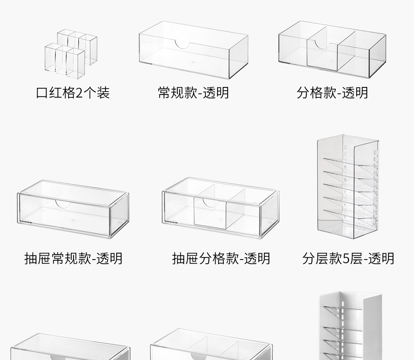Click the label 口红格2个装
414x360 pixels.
[73, 93]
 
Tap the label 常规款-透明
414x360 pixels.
[193, 93]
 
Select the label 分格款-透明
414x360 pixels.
[332, 93]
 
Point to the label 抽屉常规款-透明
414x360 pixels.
[73, 258]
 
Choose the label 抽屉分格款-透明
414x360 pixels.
[221, 258]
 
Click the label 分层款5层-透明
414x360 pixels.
[348, 258]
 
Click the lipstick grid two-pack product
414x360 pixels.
[70, 52]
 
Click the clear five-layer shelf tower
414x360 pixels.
[348, 187]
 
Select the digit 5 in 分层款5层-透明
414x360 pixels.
[346, 258]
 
